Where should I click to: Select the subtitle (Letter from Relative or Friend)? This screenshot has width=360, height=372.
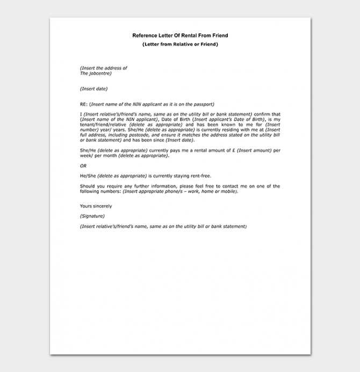click(x=180, y=44)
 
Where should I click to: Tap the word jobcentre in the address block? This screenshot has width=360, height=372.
click(x=100, y=73)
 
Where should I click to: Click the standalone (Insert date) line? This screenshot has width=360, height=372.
click(x=93, y=89)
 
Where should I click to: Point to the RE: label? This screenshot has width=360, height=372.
click(x=84, y=104)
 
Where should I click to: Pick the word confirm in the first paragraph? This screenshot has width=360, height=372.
click(x=262, y=114)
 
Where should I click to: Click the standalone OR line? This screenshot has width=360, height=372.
click(x=83, y=166)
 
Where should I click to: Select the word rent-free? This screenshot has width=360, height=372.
click(x=200, y=176)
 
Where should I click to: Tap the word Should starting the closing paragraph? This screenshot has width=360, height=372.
click(x=88, y=186)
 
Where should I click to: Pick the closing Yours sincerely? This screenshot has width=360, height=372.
click(x=96, y=206)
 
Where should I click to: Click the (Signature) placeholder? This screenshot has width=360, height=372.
click(x=92, y=216)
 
